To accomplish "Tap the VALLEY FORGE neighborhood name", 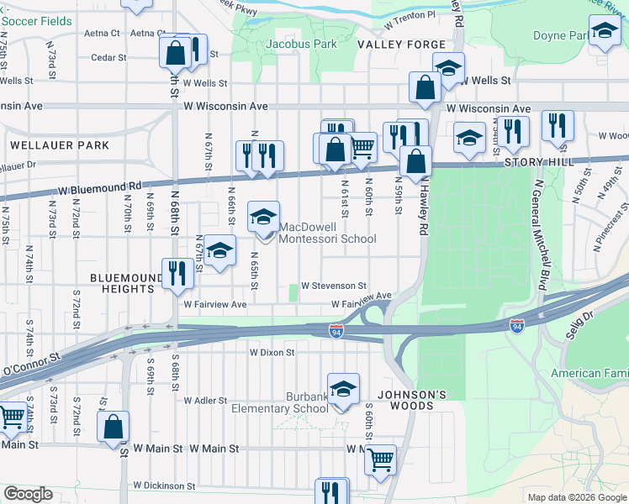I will tap(388, 44).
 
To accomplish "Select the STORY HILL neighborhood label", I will tap(538, 161).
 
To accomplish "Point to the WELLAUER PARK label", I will tap(60, 145).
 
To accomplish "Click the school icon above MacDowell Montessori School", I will tap(263, 217).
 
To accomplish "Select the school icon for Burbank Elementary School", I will tap(343, 389).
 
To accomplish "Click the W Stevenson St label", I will tap(334, 286).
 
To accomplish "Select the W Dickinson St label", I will tap(164, 486).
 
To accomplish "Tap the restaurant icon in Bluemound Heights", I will tap(177, 273).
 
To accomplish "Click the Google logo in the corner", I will tap(29, 494).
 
